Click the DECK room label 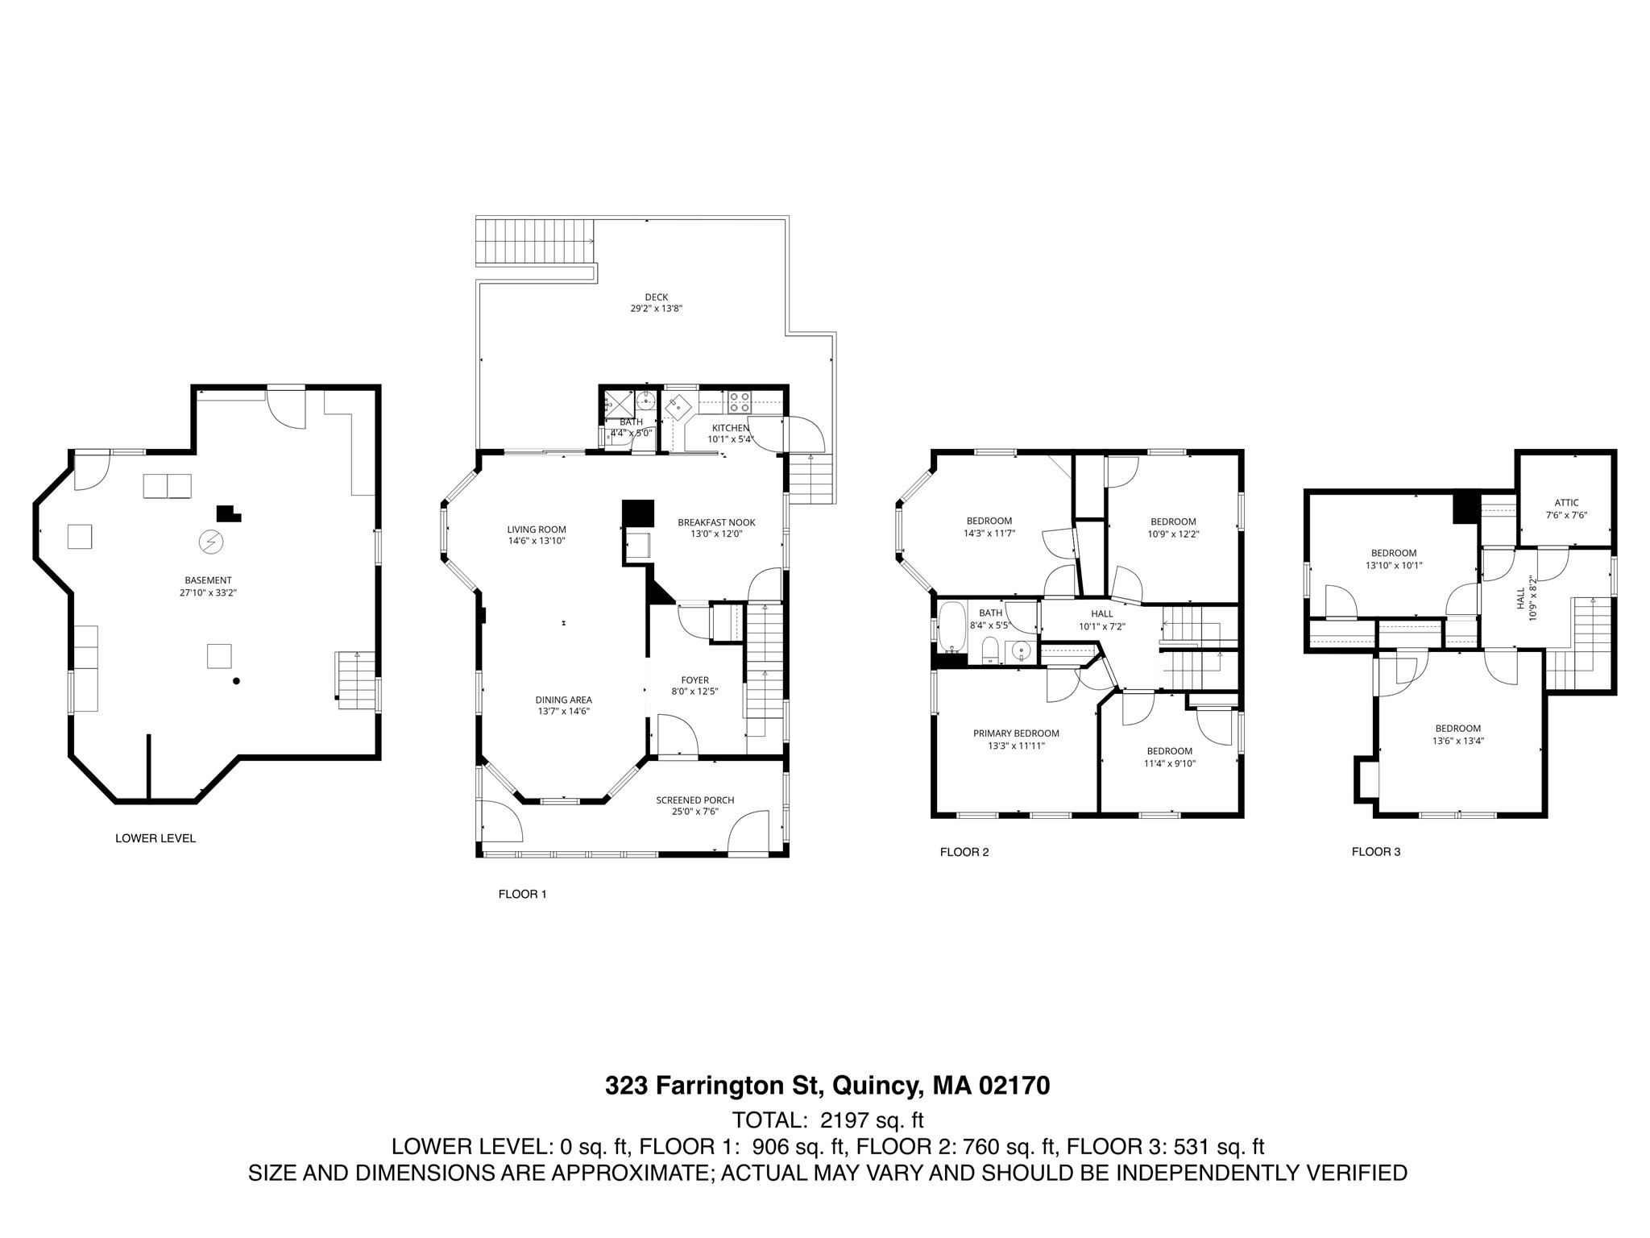[656, 297]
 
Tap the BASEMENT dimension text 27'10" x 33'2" [208, 592]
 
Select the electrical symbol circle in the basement [211, 542]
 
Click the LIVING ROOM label [536, 530]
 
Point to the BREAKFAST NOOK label [716, 522]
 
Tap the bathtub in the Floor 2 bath [951, 627]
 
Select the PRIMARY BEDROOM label [1015, 733]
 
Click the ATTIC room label [1566, 503]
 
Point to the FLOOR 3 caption [1376, 851]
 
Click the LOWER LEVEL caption [155, 838]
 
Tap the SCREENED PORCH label [694, 800]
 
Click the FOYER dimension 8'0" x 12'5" [694, 692]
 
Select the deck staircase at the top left [535, 241]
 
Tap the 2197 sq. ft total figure [871, 1120]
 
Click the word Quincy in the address [875, 1086]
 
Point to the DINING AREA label [563, 700]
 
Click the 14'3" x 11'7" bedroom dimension [989, 534]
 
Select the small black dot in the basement [236, 681]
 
